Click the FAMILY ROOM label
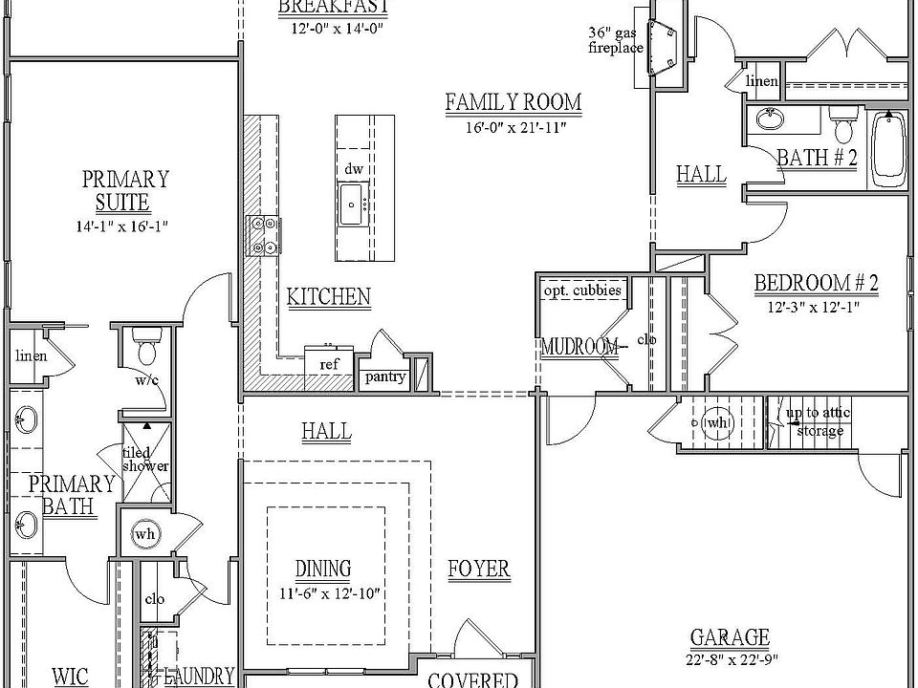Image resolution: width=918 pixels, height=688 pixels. [x=514, y=102]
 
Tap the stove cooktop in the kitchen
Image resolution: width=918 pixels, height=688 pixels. [x=263, y=234]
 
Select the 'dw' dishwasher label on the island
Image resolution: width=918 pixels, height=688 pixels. [x=353, y=168]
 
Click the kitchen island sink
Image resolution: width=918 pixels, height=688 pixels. [x=352, y=203]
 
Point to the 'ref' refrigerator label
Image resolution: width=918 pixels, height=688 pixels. [x=328, y=364]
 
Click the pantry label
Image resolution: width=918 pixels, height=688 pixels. [x=384, y=376]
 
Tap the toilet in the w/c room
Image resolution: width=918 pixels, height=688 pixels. [x=147, y=346]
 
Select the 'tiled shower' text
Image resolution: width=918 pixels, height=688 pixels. [x=145, y=460]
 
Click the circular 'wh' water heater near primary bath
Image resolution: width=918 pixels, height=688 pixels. [x=144, y=533]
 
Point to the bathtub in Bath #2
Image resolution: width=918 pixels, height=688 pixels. [x=889, y=148]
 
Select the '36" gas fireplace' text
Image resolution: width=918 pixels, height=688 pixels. [x=616, y=40]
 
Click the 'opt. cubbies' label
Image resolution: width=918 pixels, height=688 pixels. [x=582, y=290]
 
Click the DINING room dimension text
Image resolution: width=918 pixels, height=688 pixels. [x=323, y=592]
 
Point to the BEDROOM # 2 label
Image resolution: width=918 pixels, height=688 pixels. [x=816, y=283]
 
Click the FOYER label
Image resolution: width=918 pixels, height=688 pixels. [x=478, y=570]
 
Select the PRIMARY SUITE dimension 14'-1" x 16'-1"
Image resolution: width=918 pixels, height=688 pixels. [x=124, y=226]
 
